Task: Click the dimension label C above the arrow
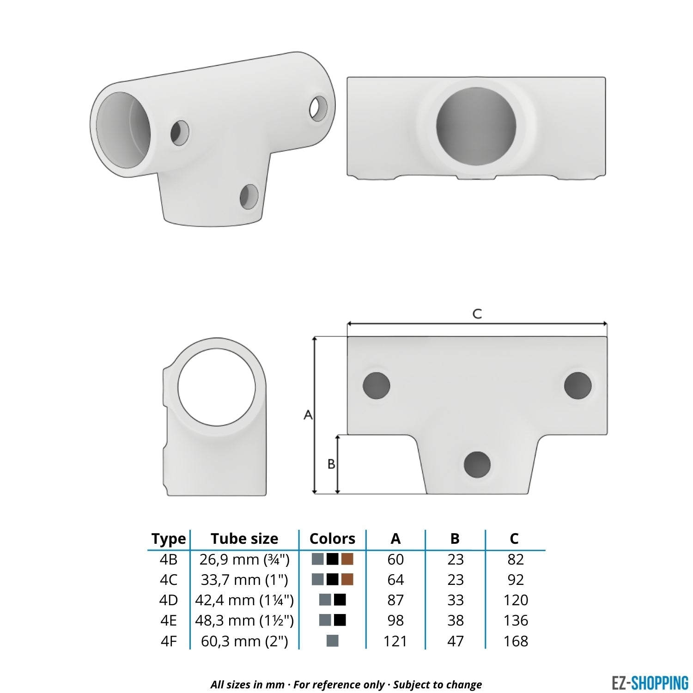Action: click(x=477, y=314)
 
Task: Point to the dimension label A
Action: click(x=308, y=415)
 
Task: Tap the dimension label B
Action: click(x=331, y=464)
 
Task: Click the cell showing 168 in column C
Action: click(x=516, y=641)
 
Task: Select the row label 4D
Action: click(x=168, y=600)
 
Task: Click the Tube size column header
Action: click(x=244, y=539)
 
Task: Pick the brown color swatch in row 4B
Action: click(x=347, y=559)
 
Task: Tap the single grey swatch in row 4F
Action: click(x=332, y=641)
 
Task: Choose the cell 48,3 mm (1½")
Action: click(x=244, y=620)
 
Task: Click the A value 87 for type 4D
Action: click(x=395, y=600)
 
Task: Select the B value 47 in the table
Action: click(x=455, y=641)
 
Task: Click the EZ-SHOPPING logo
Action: click(x=650, y=682)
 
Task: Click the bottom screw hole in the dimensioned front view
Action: click(x=477, y=464)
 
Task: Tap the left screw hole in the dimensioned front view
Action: click(x=376, y=386)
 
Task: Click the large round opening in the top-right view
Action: click(x=476, y=127)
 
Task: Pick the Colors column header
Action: click(x=332, y=539)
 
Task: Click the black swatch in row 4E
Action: click(x=340, y=620)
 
